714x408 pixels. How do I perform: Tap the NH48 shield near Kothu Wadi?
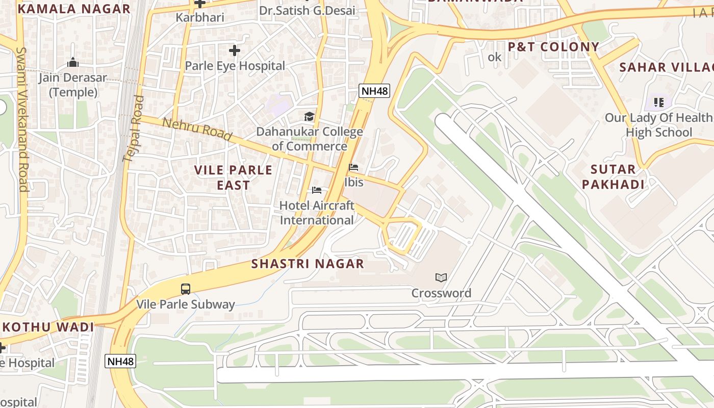coord(121,362)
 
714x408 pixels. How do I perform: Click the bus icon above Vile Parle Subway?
coord(186,289)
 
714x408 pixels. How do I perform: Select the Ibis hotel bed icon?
coord(353,167)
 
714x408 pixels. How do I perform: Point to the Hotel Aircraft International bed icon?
coord(317,190)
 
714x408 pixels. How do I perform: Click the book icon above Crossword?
coord(441,277)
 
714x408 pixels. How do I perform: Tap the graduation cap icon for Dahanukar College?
coord(309,117)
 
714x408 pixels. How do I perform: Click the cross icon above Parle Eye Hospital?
coord(235,50)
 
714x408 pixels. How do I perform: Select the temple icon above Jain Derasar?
coord(72,63)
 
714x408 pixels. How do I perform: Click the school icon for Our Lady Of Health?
coord(658,103)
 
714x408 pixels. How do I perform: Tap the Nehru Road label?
coord(197,130)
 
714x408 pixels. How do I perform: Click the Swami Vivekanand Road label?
coord(22,119)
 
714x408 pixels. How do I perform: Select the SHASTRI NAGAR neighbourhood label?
coord(308,264)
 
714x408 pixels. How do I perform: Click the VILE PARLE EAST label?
coord(233,177)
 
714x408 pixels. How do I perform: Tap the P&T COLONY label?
coord(553,47)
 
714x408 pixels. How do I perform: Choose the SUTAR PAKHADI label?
coord(613,176)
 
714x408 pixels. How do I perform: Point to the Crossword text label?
coord(441,293)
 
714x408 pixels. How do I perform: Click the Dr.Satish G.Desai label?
coord(307,10)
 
